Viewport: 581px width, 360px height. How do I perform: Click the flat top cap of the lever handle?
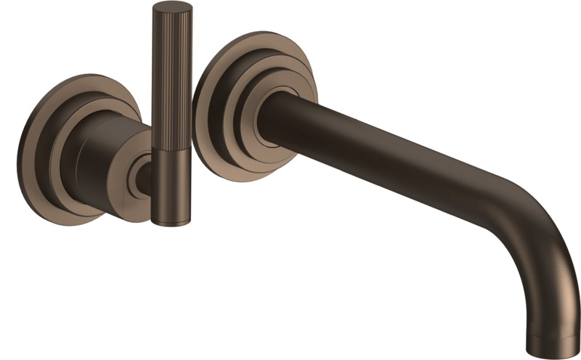click(x=172, y=9)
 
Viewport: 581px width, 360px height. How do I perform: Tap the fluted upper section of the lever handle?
click(x=171, y=73)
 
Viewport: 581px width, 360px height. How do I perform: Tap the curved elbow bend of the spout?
click(x=537, y=218)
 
